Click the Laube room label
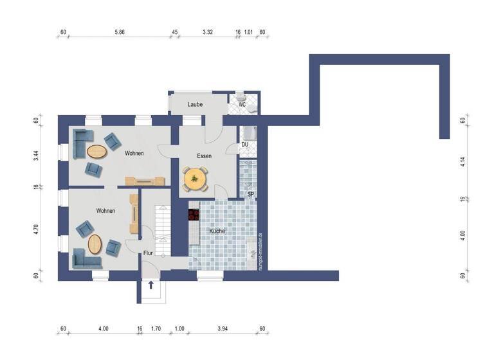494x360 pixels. tap(196, 104)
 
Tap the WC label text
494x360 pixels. tap(242, 104)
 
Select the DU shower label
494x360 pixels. tap(245, 145)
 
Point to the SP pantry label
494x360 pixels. tap(250, 194)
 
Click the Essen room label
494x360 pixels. tap(205, 156)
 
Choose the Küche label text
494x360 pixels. tap(217, 230)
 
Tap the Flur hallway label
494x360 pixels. tap(147, 253)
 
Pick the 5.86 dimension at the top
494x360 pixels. tap(120, 32)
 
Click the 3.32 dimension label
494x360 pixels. tap(207, 32)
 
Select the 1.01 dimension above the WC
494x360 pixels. tap(250, 32)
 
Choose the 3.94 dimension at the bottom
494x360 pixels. tap(223, 329)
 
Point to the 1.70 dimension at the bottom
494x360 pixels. tap(156, 329)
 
